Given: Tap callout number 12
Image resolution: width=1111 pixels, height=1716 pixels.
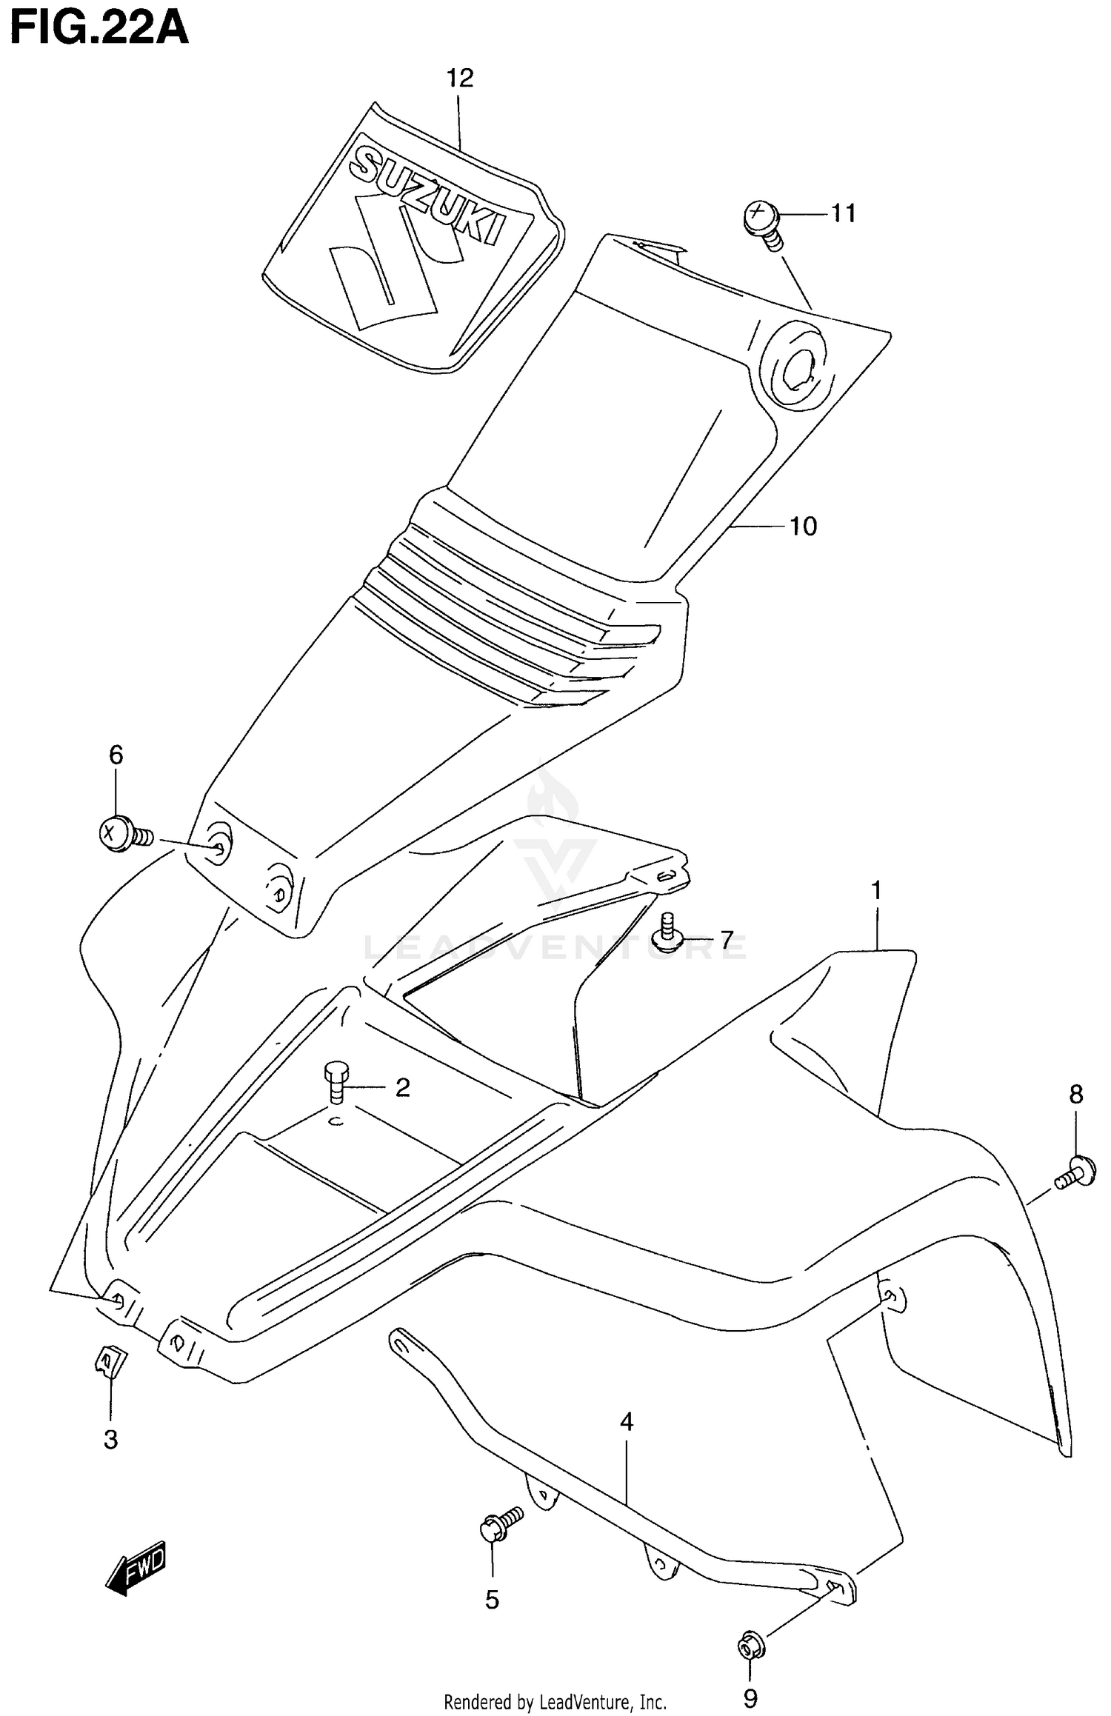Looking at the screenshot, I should tap(459, 78).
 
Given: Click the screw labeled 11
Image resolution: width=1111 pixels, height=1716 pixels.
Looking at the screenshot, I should tap(763, 222).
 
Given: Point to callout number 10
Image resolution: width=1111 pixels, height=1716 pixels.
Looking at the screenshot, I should tap(803, 527).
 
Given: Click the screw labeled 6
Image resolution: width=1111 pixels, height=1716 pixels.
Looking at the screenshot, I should tap(122, 834).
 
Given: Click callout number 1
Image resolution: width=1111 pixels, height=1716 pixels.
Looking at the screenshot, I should tap(876, 890).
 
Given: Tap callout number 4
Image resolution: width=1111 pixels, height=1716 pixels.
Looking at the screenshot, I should tap(627, 1422).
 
